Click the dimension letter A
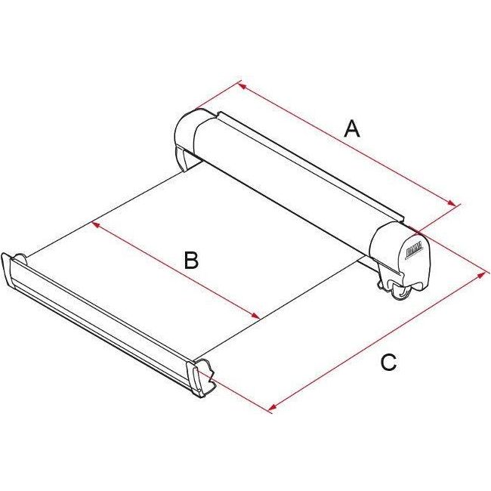pos(351,129)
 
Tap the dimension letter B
pos(191,261)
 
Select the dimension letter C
pos(388,363)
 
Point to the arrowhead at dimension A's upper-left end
pos(242,85)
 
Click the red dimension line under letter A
pos(347,144)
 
